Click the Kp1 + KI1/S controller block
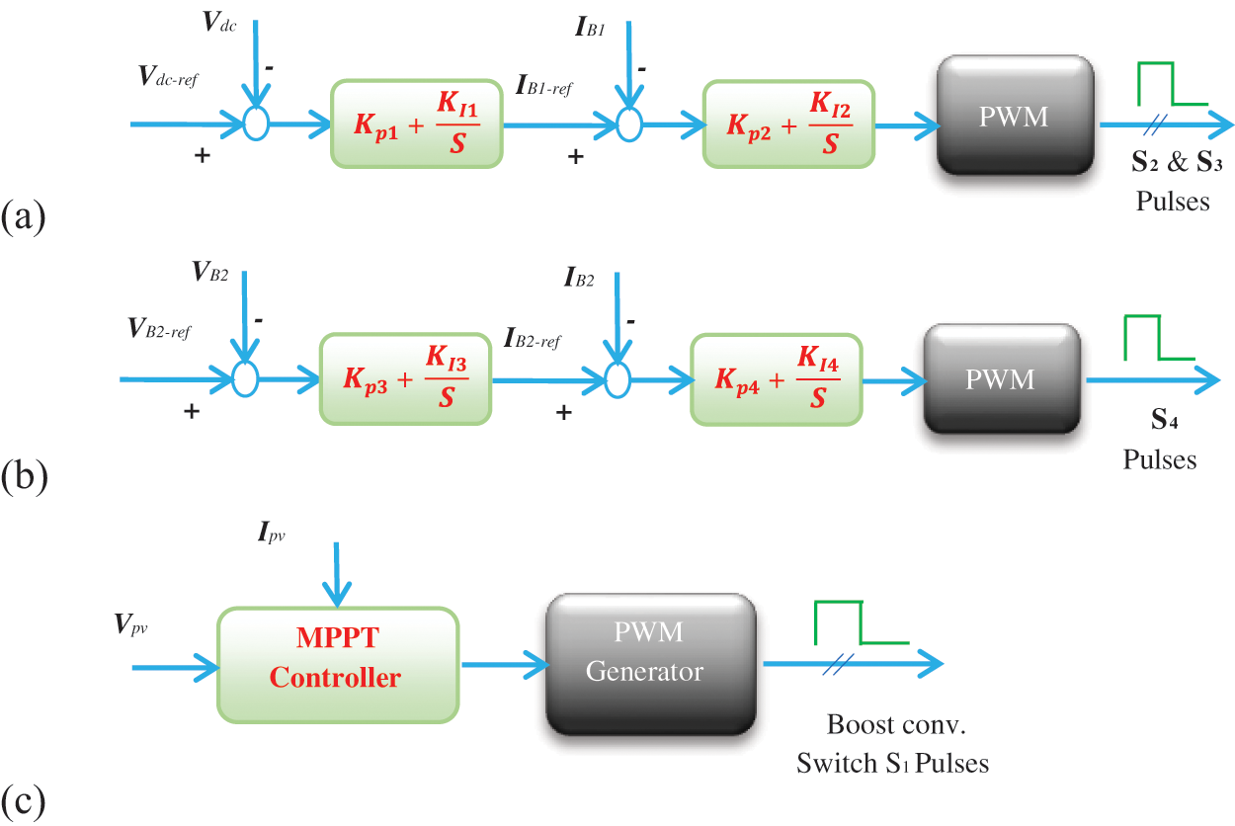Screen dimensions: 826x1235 coord(417,124)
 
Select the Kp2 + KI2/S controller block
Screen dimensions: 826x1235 coord(788,124)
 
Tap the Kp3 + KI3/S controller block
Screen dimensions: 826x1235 coord(406,379)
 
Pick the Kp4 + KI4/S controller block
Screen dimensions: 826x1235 coord(777,379)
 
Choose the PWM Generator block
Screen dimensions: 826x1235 coord(651,664)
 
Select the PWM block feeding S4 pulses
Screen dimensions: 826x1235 coord(1001,379)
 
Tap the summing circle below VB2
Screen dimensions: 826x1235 coord(243,377)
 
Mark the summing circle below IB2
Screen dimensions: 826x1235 coord(617,377)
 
